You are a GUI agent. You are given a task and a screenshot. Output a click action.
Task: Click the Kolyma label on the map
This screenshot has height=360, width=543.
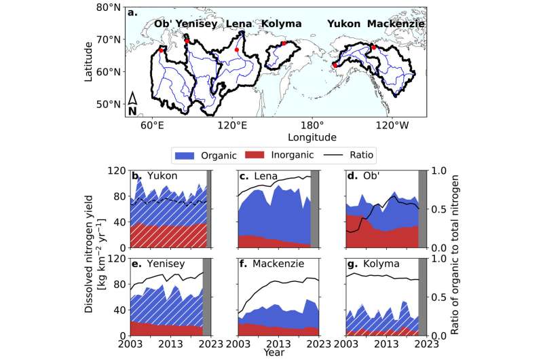pos(281,24)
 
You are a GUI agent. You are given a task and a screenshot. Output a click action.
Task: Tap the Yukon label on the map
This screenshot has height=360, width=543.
pos(343,24)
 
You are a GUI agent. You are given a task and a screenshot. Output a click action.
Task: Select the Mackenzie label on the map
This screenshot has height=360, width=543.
pos(396,24)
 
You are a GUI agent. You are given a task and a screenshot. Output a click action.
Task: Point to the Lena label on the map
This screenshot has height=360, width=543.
pos(240,24)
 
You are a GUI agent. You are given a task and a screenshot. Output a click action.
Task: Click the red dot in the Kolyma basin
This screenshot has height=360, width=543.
pos(284,43)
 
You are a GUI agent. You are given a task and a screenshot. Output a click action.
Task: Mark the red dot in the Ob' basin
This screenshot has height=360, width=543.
pos(161,50)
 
